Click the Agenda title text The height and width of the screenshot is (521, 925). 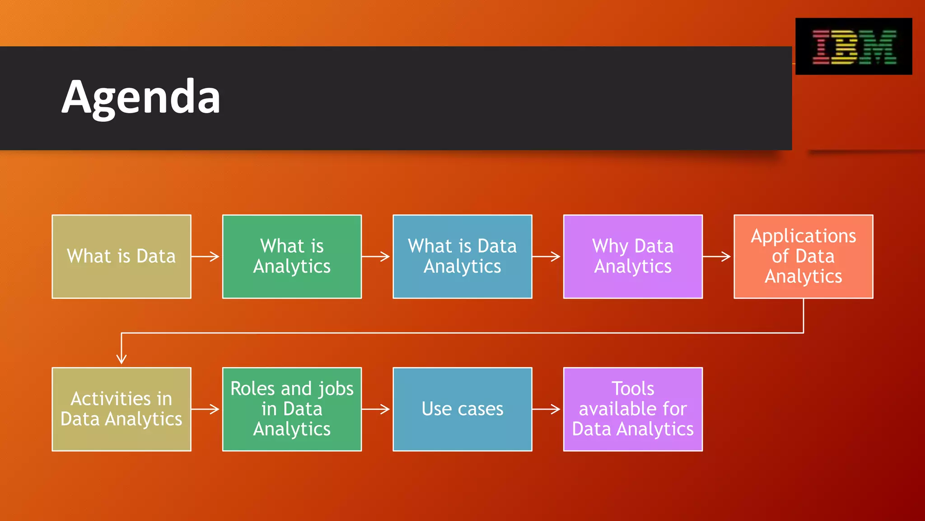point(141,97)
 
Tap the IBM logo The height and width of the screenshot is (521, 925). point(854,47)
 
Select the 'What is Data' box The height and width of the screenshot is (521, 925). point(121,256)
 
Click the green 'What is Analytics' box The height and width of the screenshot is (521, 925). point(292,256)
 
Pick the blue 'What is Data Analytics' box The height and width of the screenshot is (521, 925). point(462,256)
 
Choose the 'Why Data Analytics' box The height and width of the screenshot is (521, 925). point(633,256)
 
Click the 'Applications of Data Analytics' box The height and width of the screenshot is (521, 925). point(803,256)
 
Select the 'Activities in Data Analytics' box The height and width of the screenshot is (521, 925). point(121,409)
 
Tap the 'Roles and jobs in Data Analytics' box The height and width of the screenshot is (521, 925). point(292,409)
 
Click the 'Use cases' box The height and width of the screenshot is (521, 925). point(462,409)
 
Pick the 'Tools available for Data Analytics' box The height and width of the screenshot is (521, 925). point(633,409)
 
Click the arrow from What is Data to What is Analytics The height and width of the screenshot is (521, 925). point(206,256)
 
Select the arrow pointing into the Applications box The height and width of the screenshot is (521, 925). point(718,256)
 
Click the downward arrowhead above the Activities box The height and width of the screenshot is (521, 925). point(121,358)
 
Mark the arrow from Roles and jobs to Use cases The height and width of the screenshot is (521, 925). point(377,409)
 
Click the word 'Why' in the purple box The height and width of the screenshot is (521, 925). point(610,246)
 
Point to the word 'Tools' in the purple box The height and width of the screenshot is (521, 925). point(633,388)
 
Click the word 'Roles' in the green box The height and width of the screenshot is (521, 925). point(252,388)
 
